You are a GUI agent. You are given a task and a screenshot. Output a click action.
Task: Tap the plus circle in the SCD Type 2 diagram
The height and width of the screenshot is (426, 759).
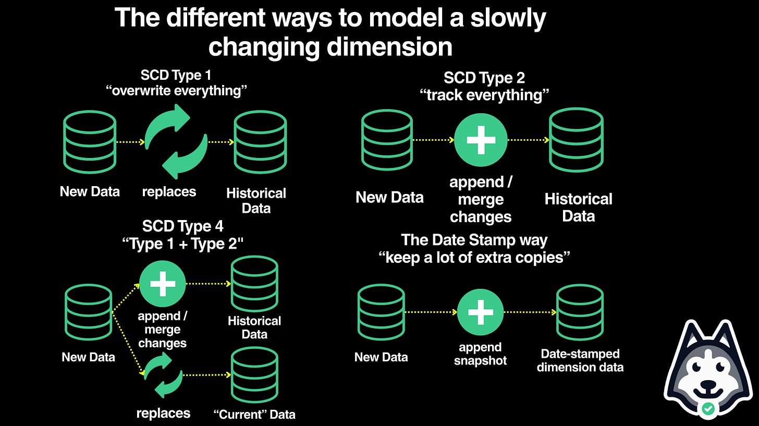pyautogui.click(x=480, y=140)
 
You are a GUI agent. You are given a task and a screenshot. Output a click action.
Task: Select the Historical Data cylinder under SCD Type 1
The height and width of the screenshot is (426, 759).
pyautogui.click(x=260, y=142)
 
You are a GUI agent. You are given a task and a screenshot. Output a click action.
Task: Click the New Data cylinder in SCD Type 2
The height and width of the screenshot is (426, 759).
pyautogui.click(x=387, y=140)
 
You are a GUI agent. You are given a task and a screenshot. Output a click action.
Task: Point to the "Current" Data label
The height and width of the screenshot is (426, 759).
pyautogui.click(x=254, y=415)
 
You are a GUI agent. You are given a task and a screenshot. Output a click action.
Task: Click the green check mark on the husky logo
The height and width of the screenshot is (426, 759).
pyautogui.click(x=707, y=409)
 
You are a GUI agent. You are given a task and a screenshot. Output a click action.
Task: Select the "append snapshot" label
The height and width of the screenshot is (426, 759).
pyautogui.click(x=480, y=354)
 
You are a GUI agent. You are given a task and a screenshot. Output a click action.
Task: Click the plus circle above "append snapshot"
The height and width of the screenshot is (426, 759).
pyautogui.click(x=480, y=312)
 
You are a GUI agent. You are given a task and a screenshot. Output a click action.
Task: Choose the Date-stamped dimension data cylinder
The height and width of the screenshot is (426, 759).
pyautogui.click(x=580, y=312)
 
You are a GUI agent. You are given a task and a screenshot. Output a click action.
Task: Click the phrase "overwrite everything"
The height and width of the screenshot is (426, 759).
pyautogui.click(x=176, y=91)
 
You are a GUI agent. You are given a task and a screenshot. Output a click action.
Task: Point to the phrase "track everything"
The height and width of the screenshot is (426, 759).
pyautogui.click(x=484, y=95)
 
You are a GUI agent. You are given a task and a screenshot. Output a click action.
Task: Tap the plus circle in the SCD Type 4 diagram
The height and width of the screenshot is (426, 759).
pyautogui.click(x=163, y=284)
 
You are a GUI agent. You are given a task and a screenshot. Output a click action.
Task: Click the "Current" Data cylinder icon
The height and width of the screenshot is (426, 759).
pyautogui.click(x=254, y=374)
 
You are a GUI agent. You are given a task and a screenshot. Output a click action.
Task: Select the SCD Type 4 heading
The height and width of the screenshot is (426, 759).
pyautogui.click(x=182, y=226)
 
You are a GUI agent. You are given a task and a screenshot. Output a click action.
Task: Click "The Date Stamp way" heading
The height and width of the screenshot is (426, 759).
pyautogui.click(x=474, y=240)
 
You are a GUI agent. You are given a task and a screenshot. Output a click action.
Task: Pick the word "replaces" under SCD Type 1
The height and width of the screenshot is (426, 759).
pyautogui.click(x=169, y=191)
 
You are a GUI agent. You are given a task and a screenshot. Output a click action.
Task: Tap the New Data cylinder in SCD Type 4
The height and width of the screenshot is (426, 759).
pyautogui.click(x=89, y=312)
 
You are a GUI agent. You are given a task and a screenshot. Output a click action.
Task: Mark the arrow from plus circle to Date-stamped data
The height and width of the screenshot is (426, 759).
pyautogui.click(x=530, y=312)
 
